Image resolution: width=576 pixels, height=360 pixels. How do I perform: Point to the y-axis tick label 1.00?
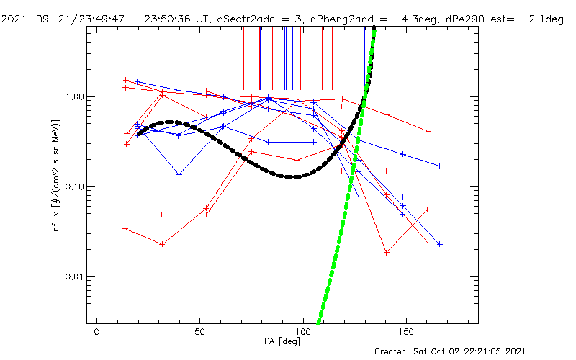coord(75,96)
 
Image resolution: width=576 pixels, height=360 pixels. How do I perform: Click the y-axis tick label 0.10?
coord(75,186)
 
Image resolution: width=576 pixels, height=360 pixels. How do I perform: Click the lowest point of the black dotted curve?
coord(291,176)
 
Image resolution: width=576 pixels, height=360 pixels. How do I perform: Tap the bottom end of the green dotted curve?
coord(319,323)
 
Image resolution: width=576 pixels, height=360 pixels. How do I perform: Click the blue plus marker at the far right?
coord(439,244)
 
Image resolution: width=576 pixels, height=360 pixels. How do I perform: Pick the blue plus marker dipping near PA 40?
coord(179,174)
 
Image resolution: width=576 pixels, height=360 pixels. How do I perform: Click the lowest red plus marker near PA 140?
coord(387,253)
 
